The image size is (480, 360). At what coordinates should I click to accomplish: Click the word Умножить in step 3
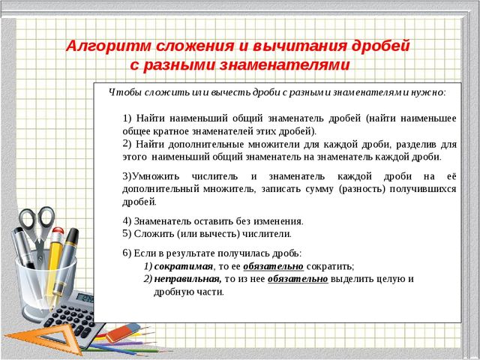pyautogui.click(x=154, y=175)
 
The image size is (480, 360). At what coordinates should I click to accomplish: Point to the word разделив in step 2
pyautogui.click(x=415, y=143)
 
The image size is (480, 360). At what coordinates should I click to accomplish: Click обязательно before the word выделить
pyautogui.click(x=298, y=279)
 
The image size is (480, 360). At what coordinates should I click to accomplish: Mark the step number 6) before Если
pyautogui.click(x=127, y=253)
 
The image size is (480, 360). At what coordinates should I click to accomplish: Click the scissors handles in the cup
pyautogui.click(x=37, y=225)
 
